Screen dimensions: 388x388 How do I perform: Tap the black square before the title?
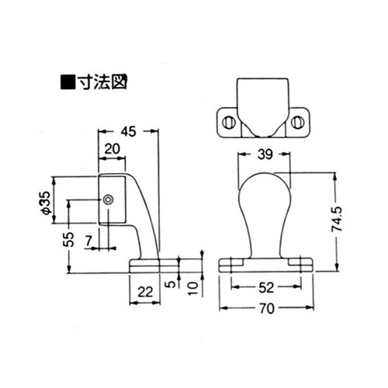pyautogui.click(x=68, y=80)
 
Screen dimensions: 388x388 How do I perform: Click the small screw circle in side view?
pyautogui.click(x=109, y=200)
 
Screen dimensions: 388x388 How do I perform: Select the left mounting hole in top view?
pyautogui.click(x=229, y=123)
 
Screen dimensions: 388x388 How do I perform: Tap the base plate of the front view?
pyautogui.click(x=264, y=264)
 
